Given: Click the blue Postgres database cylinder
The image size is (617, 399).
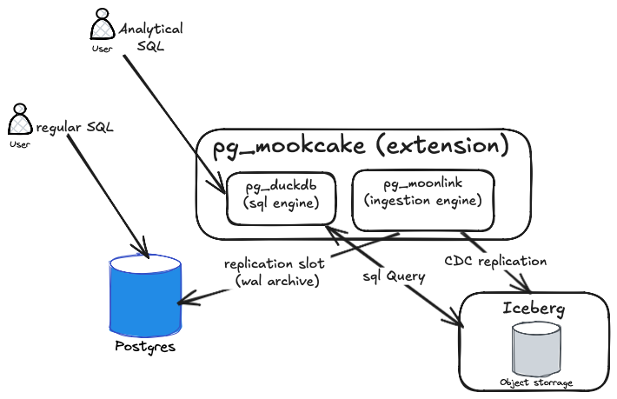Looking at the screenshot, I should pyautogui.click(x=145, y=296).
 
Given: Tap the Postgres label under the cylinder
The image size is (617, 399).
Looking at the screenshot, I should pyautogui.click(x=145, y=347).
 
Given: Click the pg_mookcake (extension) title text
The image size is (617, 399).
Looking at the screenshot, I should pyautogui.click(x=361, y=147).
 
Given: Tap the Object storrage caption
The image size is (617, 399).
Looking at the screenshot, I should pyautogui.click(x=536, y=382).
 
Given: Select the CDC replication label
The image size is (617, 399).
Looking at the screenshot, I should pyautogui.click(x=494, y=260).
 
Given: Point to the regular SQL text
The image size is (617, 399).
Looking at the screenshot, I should pyautogui.click(x=76, y=128).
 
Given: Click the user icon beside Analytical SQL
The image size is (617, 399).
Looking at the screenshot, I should pyautogui.click(x=103, y=25).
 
